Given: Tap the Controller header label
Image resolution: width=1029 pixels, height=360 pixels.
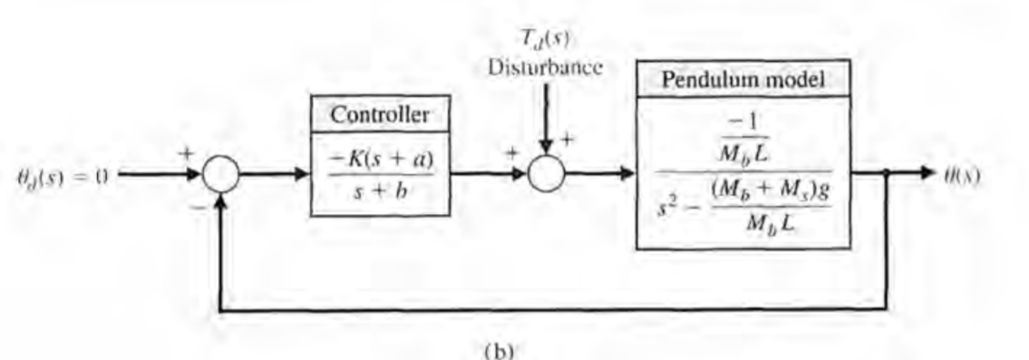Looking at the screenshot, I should [x=380, y=115].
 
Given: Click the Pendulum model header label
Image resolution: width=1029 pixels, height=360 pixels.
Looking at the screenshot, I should [x=743, y=79].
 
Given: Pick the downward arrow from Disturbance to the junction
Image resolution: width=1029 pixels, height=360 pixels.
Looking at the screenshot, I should [x=546, y=118].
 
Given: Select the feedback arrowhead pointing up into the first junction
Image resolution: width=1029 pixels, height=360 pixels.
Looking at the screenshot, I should [x=220, y=203].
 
